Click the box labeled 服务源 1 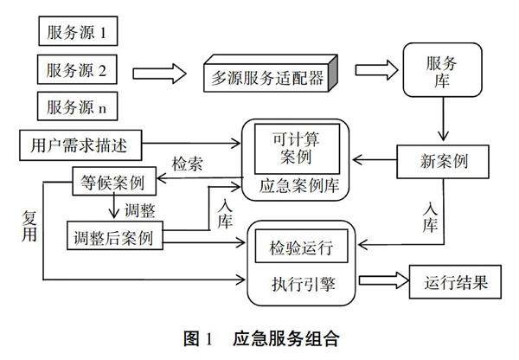tap(77, 33)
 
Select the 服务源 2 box tap(77, 69)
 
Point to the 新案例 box tap(442, 160)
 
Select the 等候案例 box tap(113, 182)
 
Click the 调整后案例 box tap(114, 236)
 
